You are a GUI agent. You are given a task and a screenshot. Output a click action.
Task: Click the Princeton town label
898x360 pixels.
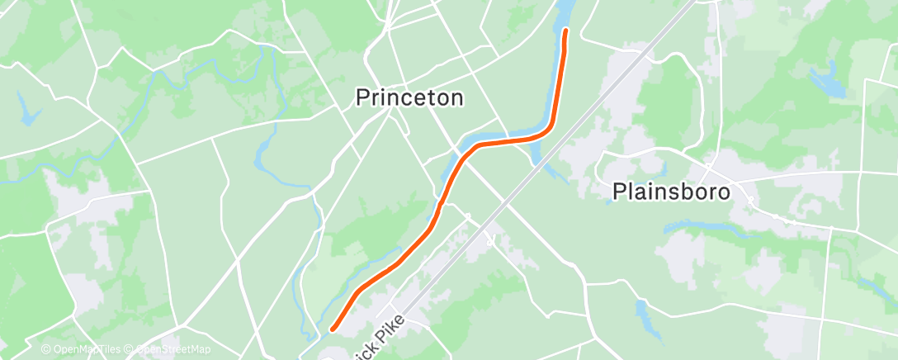pyautogui.click(x=409, y=97)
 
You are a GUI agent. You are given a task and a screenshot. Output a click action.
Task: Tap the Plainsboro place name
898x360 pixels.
pyautogui.click(x=672, y=192)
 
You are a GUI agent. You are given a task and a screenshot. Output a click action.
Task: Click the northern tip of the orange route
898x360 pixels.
pyautogui.click(x=566, y=31)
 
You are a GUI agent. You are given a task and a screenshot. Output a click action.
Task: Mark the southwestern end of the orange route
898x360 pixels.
pyautogui.click(x=333, y=329)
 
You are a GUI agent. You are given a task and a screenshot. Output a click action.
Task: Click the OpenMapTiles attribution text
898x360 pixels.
pyautogui.click(x=85, y=350)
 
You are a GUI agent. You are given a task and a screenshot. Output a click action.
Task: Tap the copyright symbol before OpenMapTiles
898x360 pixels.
pyautogui.click(x=46, y=350)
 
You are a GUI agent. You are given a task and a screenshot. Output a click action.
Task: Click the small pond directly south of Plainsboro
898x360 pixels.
pyautogui.click(x=643, y=310)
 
